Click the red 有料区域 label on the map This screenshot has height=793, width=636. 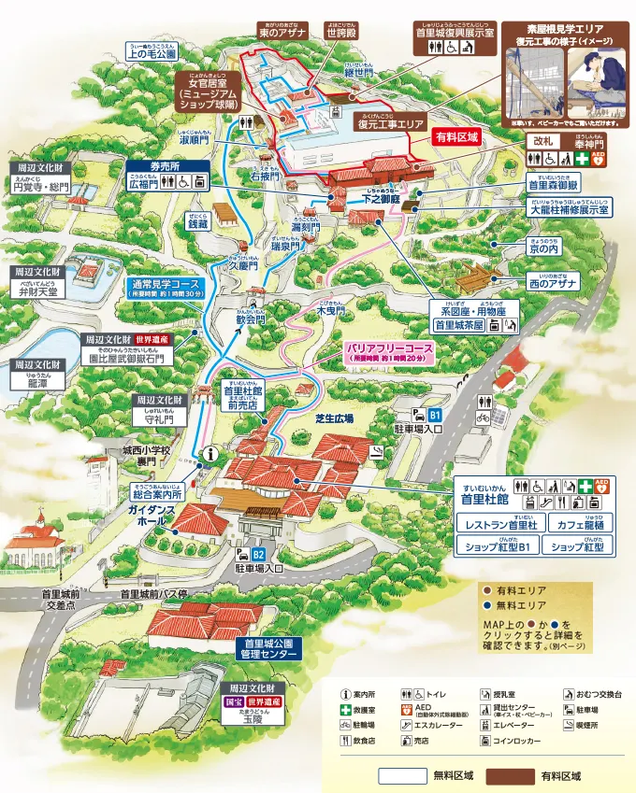(x=457, y=136)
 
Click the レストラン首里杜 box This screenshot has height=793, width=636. (x=501, y=526)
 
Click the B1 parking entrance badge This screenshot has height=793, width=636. (x=434, y=414)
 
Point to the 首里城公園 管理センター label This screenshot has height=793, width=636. (x=270, y=649)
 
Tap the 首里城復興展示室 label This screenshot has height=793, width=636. (x=455, y=28)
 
